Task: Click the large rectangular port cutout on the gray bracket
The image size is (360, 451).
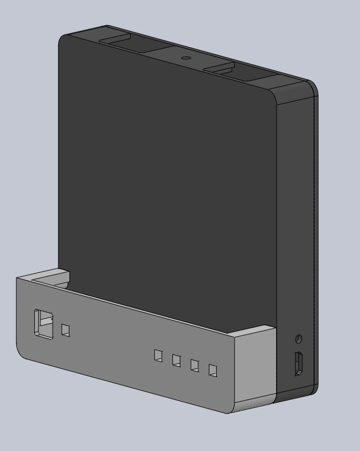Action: click(44, 323)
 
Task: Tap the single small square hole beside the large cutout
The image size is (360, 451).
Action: click(66, 331)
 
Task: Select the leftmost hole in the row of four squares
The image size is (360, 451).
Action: click(159, 355)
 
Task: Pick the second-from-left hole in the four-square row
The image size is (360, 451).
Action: click(177, 360)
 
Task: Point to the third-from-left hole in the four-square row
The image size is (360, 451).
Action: click(195, 365)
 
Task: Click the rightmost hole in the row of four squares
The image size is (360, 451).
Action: click(213, 370)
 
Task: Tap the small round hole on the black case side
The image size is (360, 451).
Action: click(298, 339)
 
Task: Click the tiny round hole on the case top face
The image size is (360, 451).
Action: click(185, 58)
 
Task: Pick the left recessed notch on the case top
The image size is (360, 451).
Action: click(116, 41)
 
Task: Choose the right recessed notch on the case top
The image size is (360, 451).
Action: click(218, 69)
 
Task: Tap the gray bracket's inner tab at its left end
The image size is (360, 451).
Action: click(56, 276)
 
